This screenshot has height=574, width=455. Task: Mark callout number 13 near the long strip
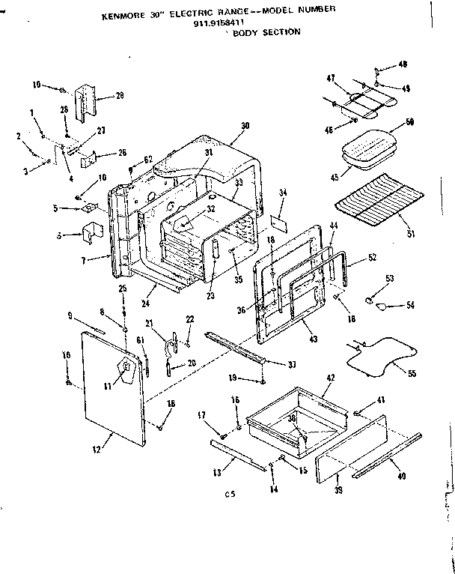pos(216,474)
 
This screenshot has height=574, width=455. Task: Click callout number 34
pos(283,193)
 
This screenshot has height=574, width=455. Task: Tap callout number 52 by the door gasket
pos(373,259)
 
